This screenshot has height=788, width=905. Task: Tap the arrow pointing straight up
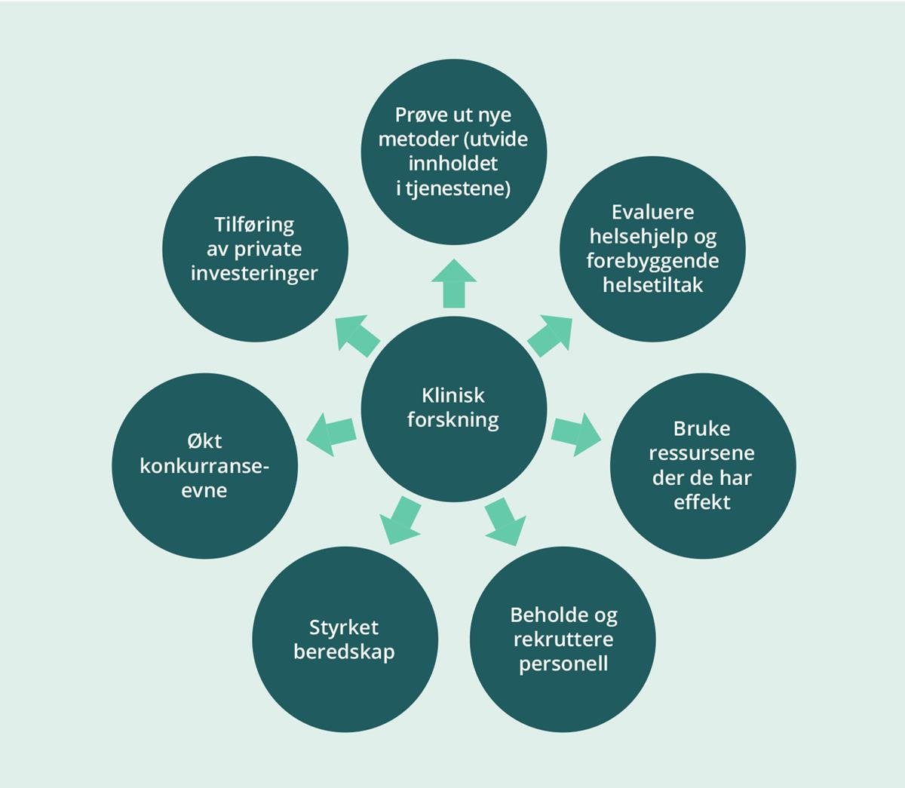point(453,284)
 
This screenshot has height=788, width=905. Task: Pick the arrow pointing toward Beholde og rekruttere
point(505,521)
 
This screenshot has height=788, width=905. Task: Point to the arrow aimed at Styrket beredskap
point(400,520)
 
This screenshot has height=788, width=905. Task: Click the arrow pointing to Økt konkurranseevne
point(331,434)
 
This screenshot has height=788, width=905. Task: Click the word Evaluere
point(653,212)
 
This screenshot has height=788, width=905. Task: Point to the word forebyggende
point(653,260)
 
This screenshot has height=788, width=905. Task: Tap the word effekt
point(702,501)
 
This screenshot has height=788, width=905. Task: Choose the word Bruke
point(702,429)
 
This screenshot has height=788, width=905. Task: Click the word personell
point(563,664)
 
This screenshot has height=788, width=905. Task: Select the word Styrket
point(344,627)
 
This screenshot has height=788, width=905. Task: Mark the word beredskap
point(344,652)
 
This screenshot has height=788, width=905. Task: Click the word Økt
point(204,441)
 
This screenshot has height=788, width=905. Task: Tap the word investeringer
point(254,273)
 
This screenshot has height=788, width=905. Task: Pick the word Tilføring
point(254,225)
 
